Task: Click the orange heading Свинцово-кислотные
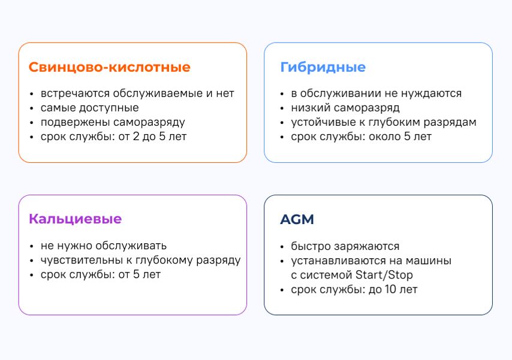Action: click(109, 67)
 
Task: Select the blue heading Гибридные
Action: click(323, 67)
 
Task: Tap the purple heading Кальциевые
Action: click(75, 219)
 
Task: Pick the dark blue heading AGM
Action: click(297, 219)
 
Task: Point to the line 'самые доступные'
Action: click(89, 108)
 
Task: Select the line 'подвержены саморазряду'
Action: click(113, 122)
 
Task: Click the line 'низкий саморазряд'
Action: click(345, 108)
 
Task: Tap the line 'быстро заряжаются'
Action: click(345, 246)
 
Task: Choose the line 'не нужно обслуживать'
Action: click(104, 246)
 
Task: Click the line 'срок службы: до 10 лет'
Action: click(354, 290)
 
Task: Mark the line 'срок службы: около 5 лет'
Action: click(362, 137)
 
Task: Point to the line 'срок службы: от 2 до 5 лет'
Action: click(114, 137)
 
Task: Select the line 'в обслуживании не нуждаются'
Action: click(377, 93)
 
